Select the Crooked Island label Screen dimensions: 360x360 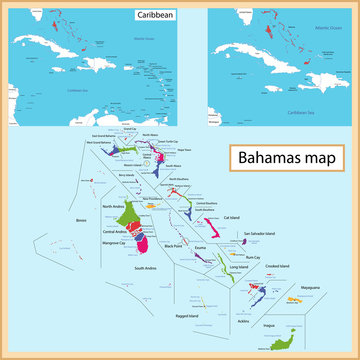click(277, 267)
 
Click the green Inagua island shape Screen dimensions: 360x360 click(282, 345)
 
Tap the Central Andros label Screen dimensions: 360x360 click(116, 231)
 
